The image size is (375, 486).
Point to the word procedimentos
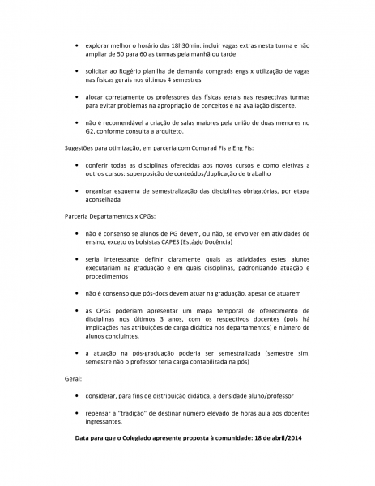[x=110, y=276]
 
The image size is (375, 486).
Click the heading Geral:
[x=74, y=377]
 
